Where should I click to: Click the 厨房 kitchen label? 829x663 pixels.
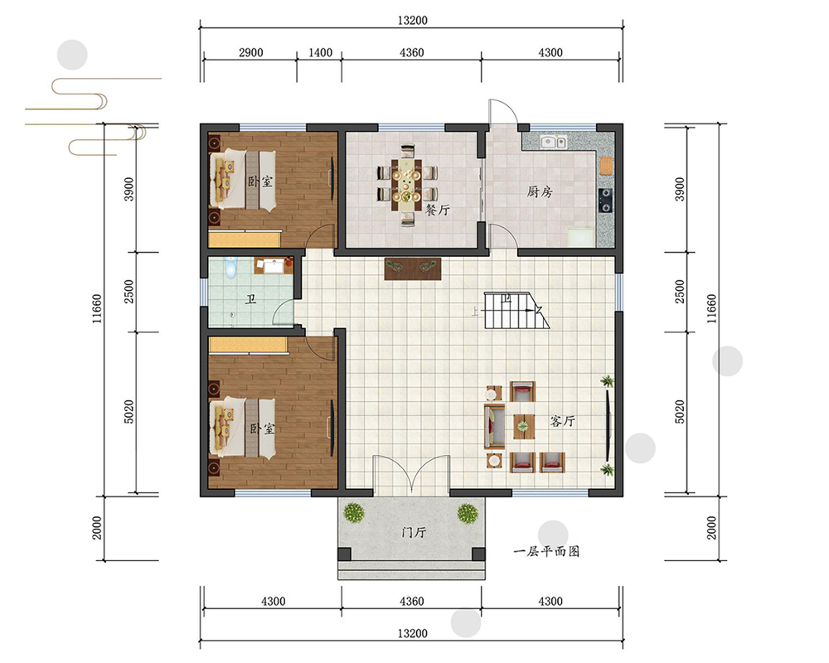coord(540,191)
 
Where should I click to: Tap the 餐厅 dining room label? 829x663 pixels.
coord(437,210)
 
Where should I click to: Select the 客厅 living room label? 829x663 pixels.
coord(562,421)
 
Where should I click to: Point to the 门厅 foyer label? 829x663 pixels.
coord(414,532)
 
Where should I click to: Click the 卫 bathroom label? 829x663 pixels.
coord(250,300)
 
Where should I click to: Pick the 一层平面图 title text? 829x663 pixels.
coord(546,551)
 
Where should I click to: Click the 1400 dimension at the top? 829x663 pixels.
coord(320,52)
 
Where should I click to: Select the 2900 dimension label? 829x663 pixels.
coord(250,52)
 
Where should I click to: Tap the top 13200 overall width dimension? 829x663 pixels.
coord(412,21)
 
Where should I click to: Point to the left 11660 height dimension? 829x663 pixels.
coord(97,309)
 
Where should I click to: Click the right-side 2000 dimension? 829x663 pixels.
coord(711,528)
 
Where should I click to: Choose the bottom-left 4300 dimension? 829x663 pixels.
coord(274,601)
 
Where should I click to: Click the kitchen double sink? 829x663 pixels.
coord(554,142)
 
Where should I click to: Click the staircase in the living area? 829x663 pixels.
coord(516,311)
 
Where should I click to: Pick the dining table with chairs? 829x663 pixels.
coord(406,185)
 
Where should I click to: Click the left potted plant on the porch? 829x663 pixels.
coord(354,513)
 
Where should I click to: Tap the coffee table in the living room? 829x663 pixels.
coord(523,426)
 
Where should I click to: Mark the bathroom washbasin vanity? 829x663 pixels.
coord(274,265)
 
